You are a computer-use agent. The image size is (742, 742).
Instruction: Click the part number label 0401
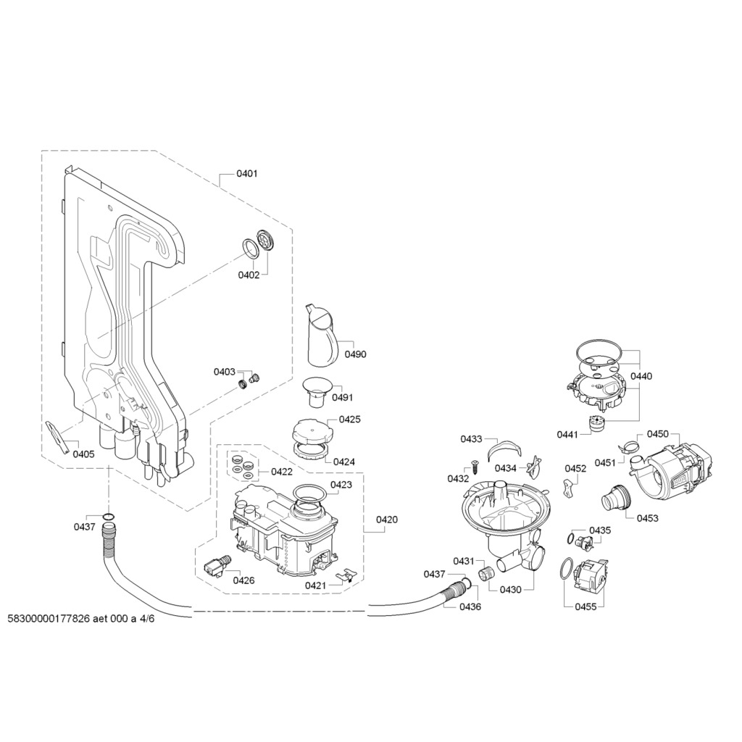pos(247,174)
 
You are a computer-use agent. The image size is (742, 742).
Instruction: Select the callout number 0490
pos(355,354)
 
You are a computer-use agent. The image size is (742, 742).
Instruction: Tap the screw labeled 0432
pos(475,466)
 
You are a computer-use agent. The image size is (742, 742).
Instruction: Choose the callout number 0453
pos(647,518)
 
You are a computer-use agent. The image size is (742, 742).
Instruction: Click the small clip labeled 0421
pos(345,576)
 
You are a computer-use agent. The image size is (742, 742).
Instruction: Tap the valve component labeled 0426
pos(217,566)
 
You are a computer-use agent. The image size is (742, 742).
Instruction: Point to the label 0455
pos(585,606)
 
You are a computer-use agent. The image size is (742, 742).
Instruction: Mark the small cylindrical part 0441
pos(599,422)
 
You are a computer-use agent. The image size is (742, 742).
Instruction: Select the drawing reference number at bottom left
pos(81,619)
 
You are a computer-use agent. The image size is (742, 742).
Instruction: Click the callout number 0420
pos(387,520)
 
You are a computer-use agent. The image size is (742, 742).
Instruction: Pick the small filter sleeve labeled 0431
pos(486,574)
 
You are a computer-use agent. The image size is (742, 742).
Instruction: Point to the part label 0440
pos(641,376)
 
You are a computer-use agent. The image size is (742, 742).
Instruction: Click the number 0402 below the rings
pos(249,275)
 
